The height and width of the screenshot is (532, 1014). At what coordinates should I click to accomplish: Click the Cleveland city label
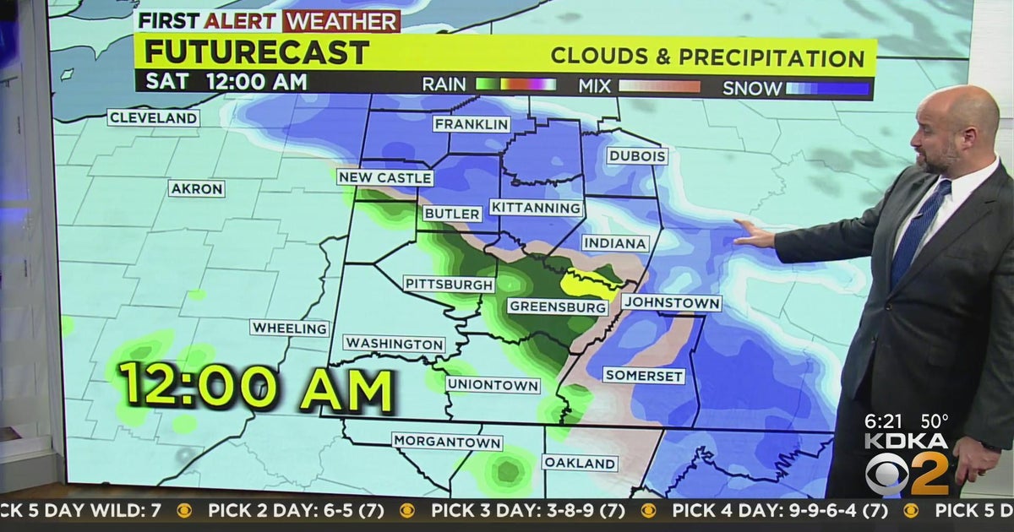[153, 117]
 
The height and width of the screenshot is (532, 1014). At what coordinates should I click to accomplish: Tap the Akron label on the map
[197, 188]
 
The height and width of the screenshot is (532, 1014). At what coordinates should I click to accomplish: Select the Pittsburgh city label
[449, 284]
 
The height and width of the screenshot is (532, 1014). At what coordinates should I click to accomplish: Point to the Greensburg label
[559, 307]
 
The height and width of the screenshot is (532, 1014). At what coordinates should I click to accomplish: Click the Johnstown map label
[671, 302]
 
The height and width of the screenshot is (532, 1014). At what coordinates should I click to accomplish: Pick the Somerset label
[643, 376]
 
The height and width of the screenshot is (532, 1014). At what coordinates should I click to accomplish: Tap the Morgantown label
[447, 442]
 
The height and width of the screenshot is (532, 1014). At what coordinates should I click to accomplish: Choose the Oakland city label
[579, 463]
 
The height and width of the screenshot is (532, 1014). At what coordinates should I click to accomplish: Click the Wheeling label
[289, 328]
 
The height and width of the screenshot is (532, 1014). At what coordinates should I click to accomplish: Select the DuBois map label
[637, 156]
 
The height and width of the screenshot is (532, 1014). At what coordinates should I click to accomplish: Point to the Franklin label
[472, 124]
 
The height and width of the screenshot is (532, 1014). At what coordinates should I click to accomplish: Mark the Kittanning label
[537, 208]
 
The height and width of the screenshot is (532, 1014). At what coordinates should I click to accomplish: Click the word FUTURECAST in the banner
[257, 52]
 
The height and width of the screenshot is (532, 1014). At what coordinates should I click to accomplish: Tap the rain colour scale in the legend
[515, 84]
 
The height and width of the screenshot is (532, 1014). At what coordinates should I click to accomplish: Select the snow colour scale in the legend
[828, 87]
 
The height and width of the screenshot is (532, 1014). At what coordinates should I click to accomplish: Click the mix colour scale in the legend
[659, 85]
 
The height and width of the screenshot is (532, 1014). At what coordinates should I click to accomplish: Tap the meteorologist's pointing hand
[753, 234]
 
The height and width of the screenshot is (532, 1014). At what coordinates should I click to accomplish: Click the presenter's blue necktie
[919, 224]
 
